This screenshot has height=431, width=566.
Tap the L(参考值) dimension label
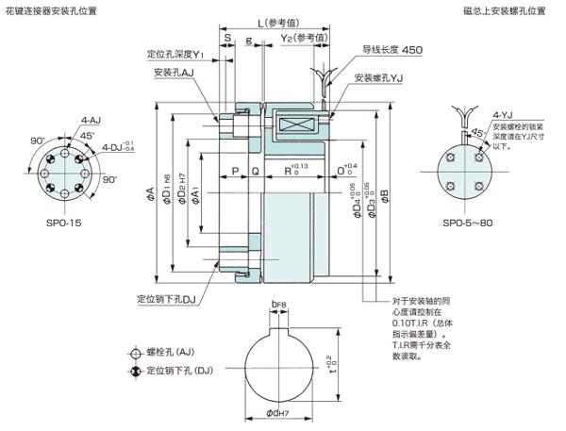274,23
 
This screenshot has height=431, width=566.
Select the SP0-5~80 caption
469,224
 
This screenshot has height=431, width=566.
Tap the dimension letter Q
256,172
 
